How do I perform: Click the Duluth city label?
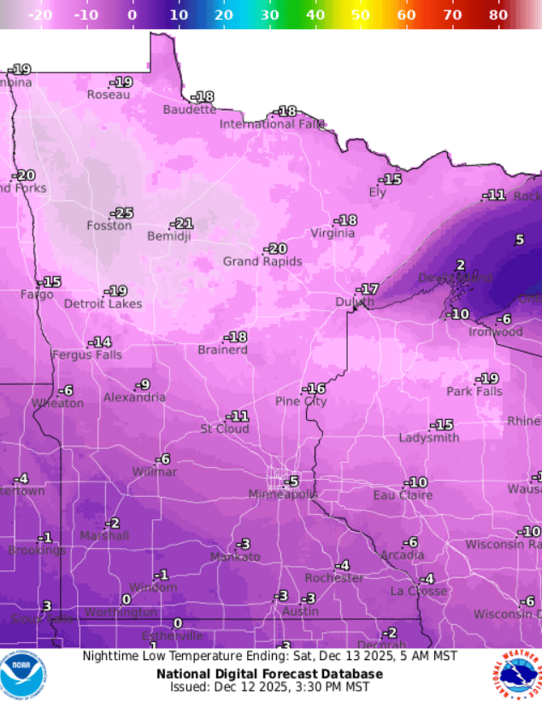[x=354, y=302]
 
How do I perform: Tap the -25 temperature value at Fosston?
[x=122, y=213]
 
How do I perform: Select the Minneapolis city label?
[x=283, y=494]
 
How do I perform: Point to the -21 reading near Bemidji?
[x=182, y=224]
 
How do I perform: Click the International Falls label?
[x=272, y=124]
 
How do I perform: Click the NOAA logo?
[x=23, y=675]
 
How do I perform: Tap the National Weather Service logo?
[x=516, y=675]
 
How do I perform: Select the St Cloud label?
[x=225, y=429]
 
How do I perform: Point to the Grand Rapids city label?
[x=262, y=261]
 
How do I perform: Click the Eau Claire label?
[x=403, y=495]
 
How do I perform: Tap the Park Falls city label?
[x=474, y=391]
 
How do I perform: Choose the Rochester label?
[x=334, y=578]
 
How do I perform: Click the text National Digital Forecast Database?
[x=269, y=673]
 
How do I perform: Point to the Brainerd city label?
[x=222, y=350]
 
